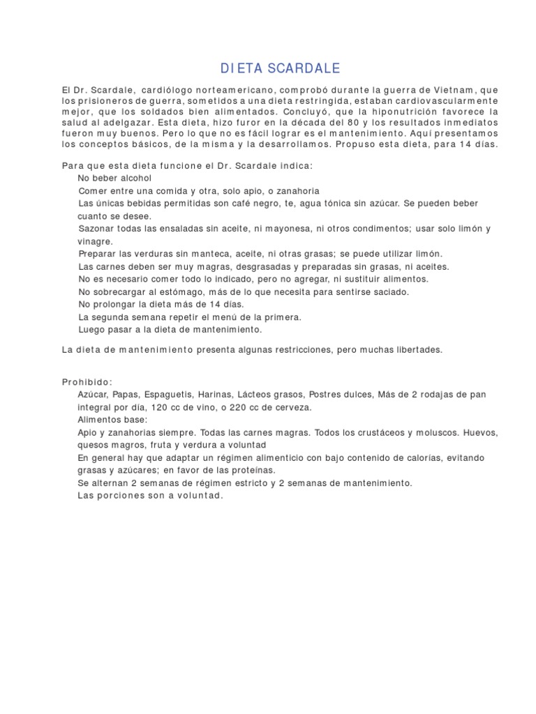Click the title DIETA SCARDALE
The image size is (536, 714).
point(281,68)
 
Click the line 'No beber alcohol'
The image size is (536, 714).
point(114,178)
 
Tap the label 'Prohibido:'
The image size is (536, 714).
point(87,382)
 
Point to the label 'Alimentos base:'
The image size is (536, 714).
point(112,420)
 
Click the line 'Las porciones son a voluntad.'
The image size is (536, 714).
point(150,495)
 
